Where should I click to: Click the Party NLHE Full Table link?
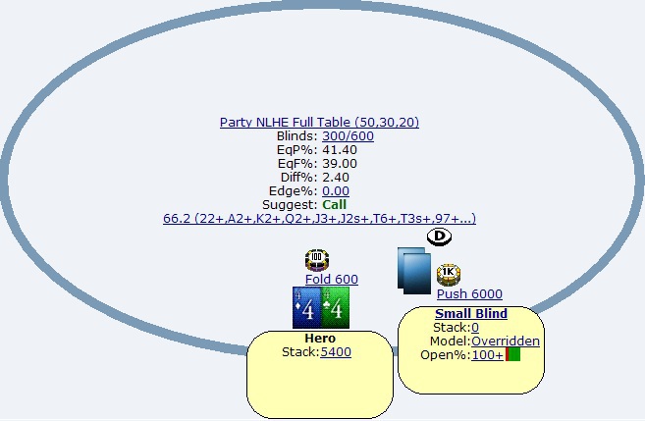319,122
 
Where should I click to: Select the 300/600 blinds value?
348,136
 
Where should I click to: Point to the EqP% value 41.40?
340,149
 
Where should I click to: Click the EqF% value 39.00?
340,164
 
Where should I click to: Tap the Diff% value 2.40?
336,178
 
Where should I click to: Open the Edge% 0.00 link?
336,191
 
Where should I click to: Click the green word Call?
335,205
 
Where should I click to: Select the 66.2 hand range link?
320,218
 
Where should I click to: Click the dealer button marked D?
439,237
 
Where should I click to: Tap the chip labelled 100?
317,260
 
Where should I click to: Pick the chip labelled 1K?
449,275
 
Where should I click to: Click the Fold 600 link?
332,280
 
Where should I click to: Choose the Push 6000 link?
469,294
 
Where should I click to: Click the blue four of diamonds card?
306,308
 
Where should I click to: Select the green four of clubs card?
335,308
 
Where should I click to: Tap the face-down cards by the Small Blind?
414,271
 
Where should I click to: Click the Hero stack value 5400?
336,352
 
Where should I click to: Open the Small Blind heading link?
471,314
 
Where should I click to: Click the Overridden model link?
506,342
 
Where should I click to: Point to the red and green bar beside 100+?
512,354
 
